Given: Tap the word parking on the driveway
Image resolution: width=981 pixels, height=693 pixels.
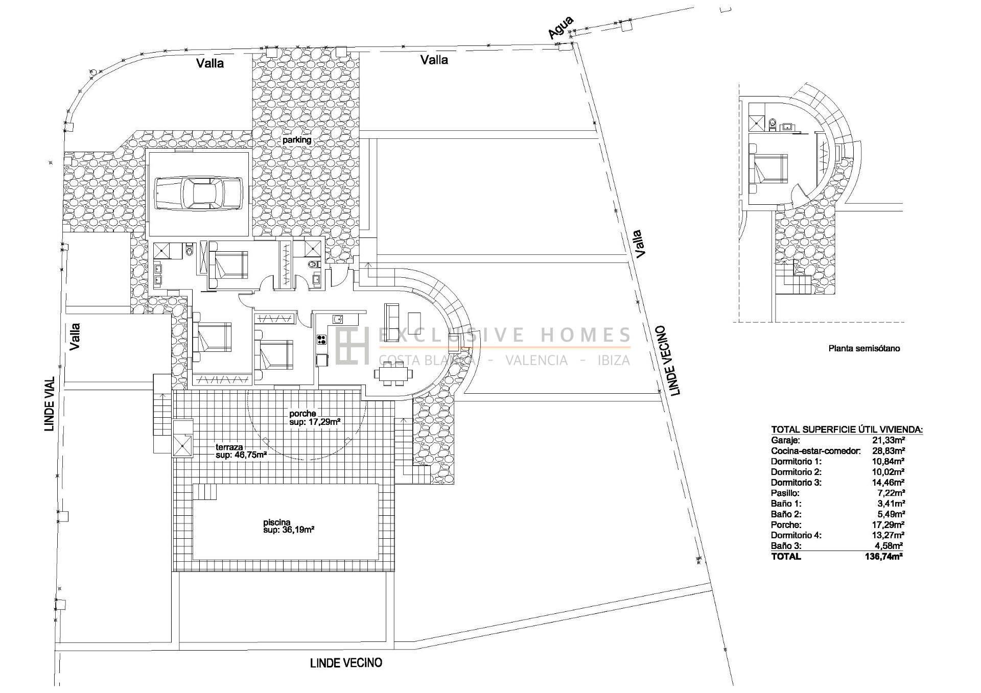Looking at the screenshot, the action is [297, 140].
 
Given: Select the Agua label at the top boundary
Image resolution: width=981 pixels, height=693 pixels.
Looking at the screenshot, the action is [560, 27].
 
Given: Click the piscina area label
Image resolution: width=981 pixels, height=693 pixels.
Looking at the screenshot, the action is [288, 526].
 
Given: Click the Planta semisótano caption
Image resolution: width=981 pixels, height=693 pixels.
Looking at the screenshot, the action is [864, 349].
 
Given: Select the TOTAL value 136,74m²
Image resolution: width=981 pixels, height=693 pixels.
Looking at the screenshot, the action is [882, 557].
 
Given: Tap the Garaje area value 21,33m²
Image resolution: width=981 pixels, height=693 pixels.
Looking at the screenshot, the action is [889, 440].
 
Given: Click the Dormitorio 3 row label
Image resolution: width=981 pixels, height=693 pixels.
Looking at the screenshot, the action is [796, 482].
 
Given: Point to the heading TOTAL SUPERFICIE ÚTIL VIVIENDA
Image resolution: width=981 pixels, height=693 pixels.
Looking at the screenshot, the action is [847, 429].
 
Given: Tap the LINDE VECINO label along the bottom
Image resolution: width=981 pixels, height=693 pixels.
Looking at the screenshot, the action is [346, 663].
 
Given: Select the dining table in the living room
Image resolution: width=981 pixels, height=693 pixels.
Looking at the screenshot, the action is [393, 373].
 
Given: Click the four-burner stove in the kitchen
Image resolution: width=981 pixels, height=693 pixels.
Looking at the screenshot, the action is [322, 341].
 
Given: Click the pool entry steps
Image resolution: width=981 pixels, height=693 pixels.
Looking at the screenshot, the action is [204, 492].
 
